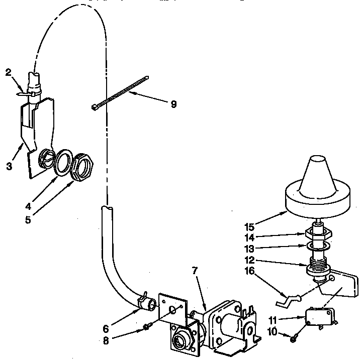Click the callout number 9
pyautogui.click(x=173, y=104)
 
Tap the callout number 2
pyautogui.click(x=8, y=72)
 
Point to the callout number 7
pyautogui.click(x=195, y=271)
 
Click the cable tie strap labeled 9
pyautogui.click(x=121, y=92)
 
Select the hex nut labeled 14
pyautogui.click(x=318, y=233)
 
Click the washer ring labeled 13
pyautogui.click(x=318, y=246)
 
